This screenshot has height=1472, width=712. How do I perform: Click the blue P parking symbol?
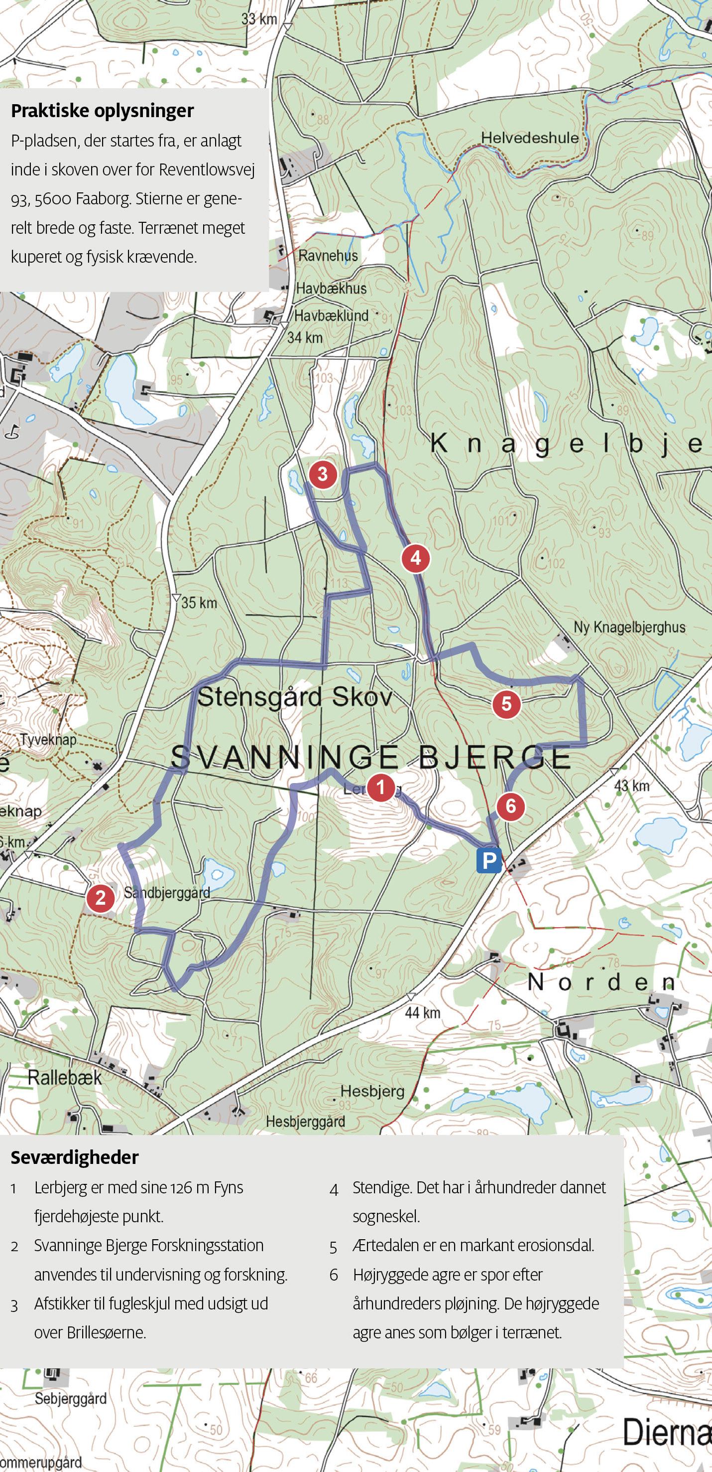point(489,860)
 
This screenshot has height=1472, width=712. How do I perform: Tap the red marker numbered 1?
point(381,788)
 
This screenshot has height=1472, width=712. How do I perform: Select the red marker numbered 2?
point(101,898)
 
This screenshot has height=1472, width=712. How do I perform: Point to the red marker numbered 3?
point(323,474)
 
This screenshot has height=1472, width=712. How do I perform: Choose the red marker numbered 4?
point(415,558)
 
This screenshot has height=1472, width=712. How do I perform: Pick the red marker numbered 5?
point(506,703)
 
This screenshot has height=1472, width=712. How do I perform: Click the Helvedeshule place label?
point(529,138)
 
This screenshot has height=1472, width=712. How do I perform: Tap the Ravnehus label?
point(328,255)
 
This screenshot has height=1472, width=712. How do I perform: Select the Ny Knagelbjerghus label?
point(629,627)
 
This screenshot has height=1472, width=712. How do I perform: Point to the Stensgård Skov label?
point(295,696)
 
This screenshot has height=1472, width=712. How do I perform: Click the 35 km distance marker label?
point(199,602)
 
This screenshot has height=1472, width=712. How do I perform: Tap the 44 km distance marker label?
point(423,1012)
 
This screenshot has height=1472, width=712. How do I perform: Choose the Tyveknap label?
point(48,739)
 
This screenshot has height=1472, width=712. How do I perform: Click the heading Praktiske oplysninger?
point(102,110)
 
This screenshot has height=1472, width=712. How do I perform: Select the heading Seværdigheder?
point(75,1157)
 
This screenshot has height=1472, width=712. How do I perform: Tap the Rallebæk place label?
point(65,1078)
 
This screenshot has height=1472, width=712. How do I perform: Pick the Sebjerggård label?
point(70,1398)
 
